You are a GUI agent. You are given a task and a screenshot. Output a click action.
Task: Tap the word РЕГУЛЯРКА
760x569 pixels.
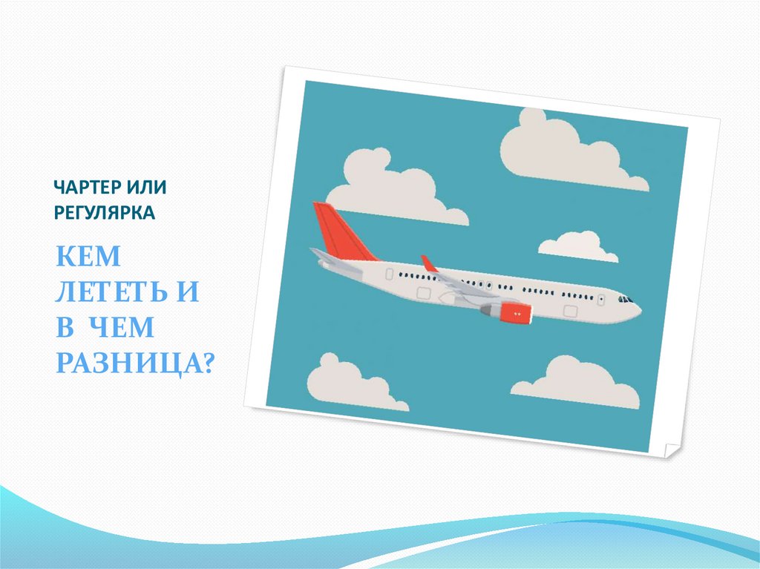coord(105,212)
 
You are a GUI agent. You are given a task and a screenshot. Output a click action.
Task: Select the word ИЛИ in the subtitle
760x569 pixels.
coord(147,187)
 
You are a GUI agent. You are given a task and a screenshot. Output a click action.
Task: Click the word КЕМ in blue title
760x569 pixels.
coord(88,257)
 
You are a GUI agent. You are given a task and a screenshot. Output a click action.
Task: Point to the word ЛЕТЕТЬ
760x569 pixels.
coord(111,292)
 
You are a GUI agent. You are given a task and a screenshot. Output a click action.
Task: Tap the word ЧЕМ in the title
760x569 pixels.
coord(122,327)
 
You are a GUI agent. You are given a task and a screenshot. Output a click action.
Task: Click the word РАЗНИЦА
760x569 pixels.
coord(128,364)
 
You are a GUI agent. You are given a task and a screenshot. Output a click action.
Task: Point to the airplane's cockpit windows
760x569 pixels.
coord(625,300)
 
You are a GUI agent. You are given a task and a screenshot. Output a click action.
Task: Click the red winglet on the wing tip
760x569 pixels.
coord(429,263)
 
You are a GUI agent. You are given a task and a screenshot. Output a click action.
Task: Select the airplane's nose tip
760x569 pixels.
coord(640,309)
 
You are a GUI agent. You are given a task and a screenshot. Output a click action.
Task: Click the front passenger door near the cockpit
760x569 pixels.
coord(601,300)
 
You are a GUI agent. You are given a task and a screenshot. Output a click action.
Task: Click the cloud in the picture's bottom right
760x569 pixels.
coord(577,383)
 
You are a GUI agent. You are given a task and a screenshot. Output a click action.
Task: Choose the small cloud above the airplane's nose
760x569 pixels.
coord(577,247)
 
